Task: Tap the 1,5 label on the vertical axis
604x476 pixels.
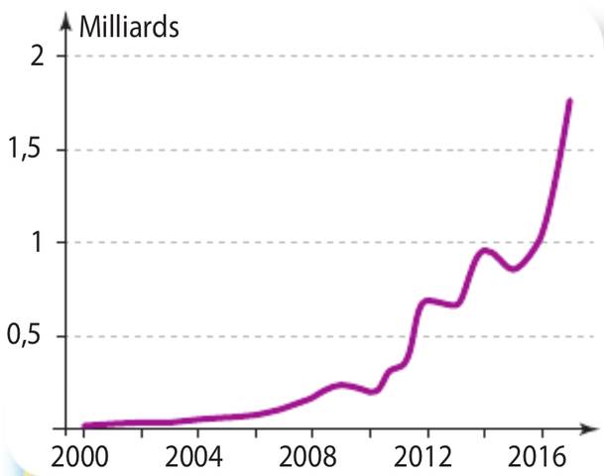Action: [30, 150]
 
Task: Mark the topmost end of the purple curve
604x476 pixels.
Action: [570, 100]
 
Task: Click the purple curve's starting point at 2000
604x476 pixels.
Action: [84, 425]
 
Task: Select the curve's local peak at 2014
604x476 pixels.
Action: [484, 250]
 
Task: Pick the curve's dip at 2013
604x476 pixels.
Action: [455, 304]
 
